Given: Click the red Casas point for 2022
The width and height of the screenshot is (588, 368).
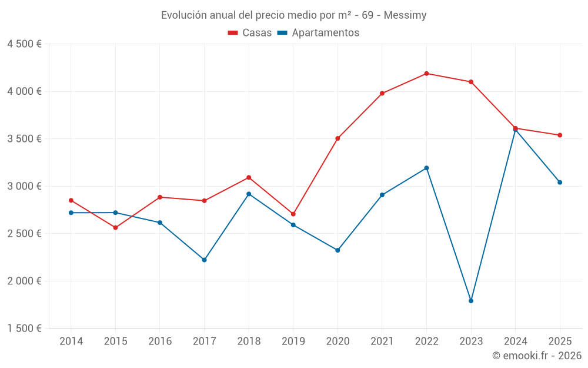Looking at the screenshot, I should coord(426,74).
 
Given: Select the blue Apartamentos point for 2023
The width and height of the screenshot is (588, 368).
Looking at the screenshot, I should coord(471,301).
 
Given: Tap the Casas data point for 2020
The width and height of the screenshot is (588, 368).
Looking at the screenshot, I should coord(338,138).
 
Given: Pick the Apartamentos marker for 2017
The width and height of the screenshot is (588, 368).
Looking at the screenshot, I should coord(204,260).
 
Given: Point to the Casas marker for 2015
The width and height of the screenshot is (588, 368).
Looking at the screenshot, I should coord(115,227).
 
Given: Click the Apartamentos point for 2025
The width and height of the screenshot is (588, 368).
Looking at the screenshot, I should coord(560,183).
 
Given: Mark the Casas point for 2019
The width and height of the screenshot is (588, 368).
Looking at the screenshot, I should coord(293,214).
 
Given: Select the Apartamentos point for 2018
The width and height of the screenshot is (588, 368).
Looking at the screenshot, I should coord(249,194).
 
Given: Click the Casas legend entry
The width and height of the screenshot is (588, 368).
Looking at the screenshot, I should coord(250,33).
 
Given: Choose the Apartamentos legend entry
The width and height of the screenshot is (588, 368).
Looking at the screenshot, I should coord(318,33).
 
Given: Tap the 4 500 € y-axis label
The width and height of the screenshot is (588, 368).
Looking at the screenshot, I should coord(24,44).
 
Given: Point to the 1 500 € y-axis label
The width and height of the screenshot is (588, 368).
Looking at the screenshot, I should coord(24,329).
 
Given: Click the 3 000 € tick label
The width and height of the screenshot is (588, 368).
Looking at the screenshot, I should coord(24,186).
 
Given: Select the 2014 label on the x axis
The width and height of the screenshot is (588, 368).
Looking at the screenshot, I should coord(71,342).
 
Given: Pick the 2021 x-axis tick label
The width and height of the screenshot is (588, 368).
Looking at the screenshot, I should coord(382,342).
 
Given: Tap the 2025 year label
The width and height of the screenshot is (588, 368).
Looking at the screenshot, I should coord(560,342).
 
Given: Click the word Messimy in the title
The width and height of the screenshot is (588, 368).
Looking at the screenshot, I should coord(405,15).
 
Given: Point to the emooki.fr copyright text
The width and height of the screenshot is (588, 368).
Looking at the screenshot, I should coord(537,356).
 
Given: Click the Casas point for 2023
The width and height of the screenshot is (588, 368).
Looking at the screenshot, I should coord(471,82).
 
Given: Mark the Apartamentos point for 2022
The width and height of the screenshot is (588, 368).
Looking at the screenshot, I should coord(426,168).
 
